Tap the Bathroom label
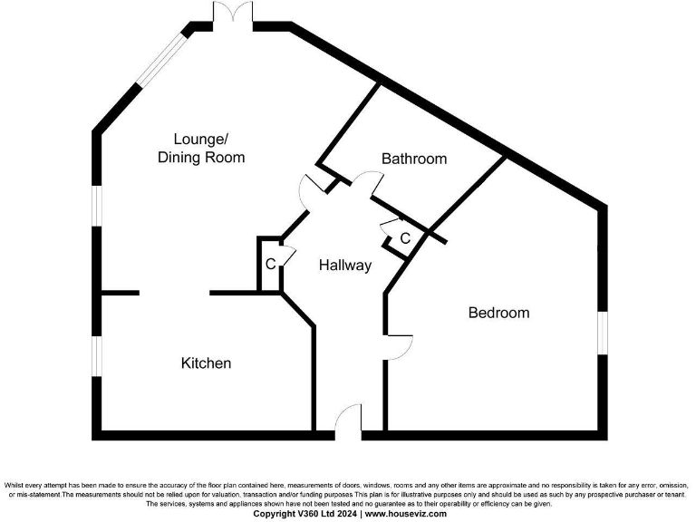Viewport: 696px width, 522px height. pos(414,159)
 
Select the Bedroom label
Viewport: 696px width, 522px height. pos(498,313)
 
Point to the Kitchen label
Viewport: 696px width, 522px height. pos(207,363)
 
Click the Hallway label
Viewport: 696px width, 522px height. pos(345,266)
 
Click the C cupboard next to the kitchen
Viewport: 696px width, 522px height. pos(270,266)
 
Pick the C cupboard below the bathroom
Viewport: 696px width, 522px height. pos(405,238)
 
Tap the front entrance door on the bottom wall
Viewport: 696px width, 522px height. pos(347,422)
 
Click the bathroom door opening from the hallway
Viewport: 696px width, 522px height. pos(369,182)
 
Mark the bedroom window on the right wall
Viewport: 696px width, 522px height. pos(602,333)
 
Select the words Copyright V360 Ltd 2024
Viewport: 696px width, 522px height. pos(305,513)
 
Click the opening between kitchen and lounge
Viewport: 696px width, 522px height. pos(174,293)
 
